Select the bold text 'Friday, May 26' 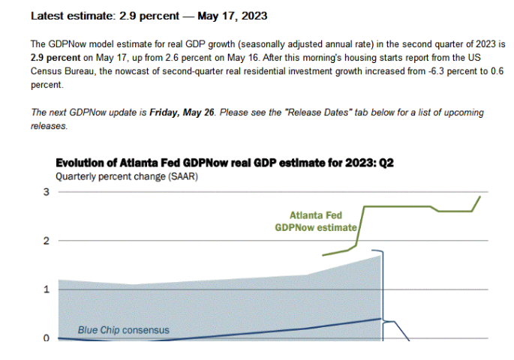tap(181, 113)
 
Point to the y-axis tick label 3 tap(47, 193)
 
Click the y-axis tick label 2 tap(47, 241)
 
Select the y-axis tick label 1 tap(47, 289)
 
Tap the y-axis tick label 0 tap(47, 338)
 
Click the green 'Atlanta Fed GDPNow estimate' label tap(316, 220)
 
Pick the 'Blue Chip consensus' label tap(124, 330)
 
